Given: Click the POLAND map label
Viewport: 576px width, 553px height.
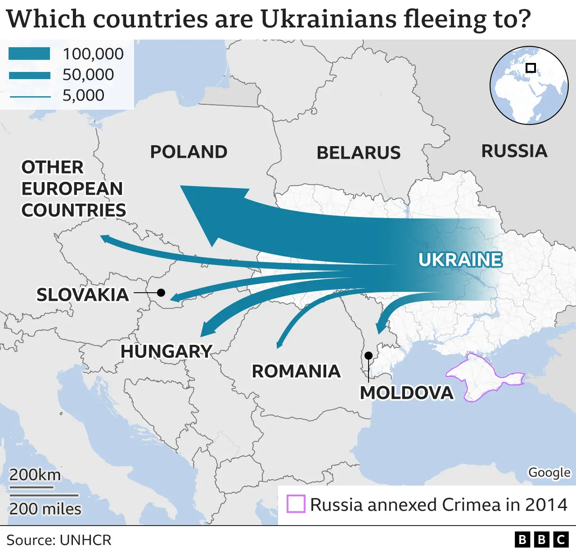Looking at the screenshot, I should click(189, 152).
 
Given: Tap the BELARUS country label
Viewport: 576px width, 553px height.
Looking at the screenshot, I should click(359, 153).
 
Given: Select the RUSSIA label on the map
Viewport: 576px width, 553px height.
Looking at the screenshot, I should click(514, 151).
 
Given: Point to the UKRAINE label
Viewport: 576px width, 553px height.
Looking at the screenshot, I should click(460, 260).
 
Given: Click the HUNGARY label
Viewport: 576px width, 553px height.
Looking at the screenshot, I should click(166, 352).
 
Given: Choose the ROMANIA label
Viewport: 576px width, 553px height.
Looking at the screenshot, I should click(296, 371).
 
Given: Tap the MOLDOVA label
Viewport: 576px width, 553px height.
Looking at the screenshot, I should click(406, 393).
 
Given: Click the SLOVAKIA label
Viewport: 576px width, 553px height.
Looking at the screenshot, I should click(83, 295).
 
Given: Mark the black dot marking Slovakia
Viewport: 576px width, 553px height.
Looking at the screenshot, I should click(161, 293).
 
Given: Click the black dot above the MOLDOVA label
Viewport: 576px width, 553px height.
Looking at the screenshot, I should click(369, 356).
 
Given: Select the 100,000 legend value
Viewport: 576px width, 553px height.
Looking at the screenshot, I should click(93, 54).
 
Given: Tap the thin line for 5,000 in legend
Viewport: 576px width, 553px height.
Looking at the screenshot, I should click(30, 96).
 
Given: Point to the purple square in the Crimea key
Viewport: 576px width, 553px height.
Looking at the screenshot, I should click(296, 504).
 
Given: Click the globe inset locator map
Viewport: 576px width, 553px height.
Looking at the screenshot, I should click(529, 85).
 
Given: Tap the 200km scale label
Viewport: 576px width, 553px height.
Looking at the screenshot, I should click(35, 475).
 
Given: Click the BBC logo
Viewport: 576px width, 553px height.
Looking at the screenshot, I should click(541, 540).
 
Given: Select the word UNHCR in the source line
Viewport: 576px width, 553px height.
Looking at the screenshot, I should click(85, 540).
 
